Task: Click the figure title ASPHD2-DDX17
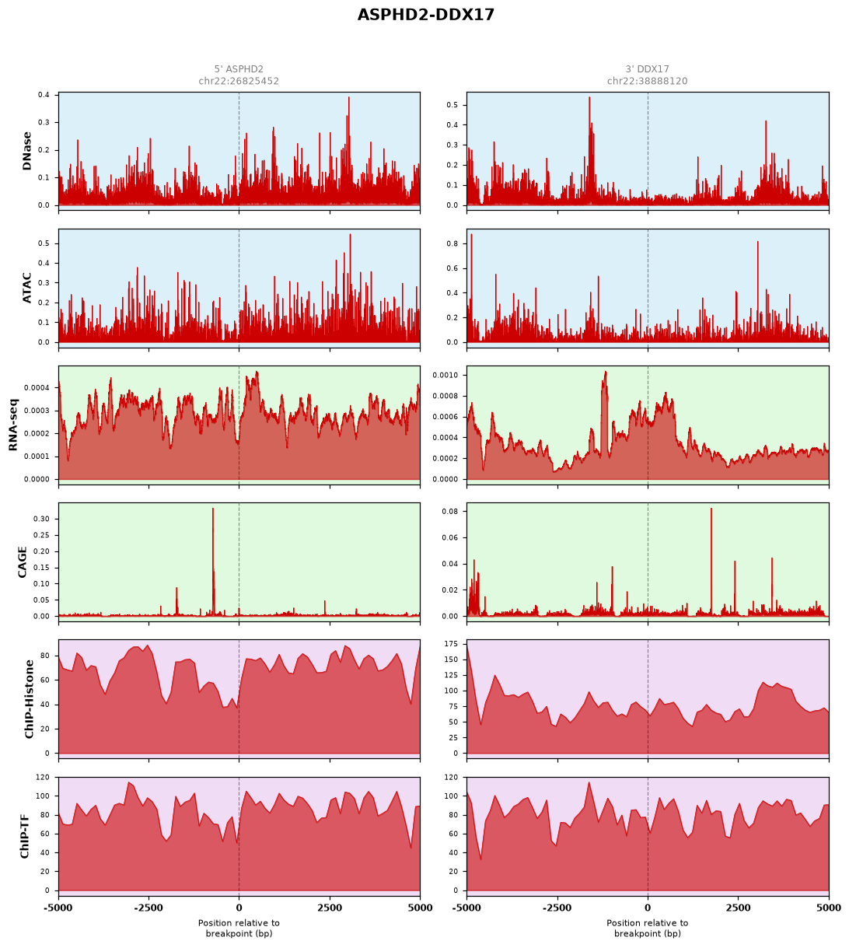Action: (x=425, y=15)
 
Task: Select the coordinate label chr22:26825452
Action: (x=239, y=81)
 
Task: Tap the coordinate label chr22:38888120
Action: (x=647, y=81)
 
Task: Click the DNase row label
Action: (x=27, y=151)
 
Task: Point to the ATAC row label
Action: (x=27, y=287)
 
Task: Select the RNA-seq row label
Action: (x=13, y=425)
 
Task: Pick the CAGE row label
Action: (x=22, y=562)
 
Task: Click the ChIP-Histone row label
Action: (x=29, y=699)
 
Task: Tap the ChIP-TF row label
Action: (x=24, y=836)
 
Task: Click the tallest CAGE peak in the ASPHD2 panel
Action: (x=213, y=509)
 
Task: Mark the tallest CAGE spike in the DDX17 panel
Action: (x=711, y=509)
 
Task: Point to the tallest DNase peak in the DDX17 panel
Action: (x=589, y=98)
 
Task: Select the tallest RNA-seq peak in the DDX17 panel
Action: (x=606, y=372)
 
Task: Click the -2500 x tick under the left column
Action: (x=148, y=908)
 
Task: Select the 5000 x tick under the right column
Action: (x=829, y=908)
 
